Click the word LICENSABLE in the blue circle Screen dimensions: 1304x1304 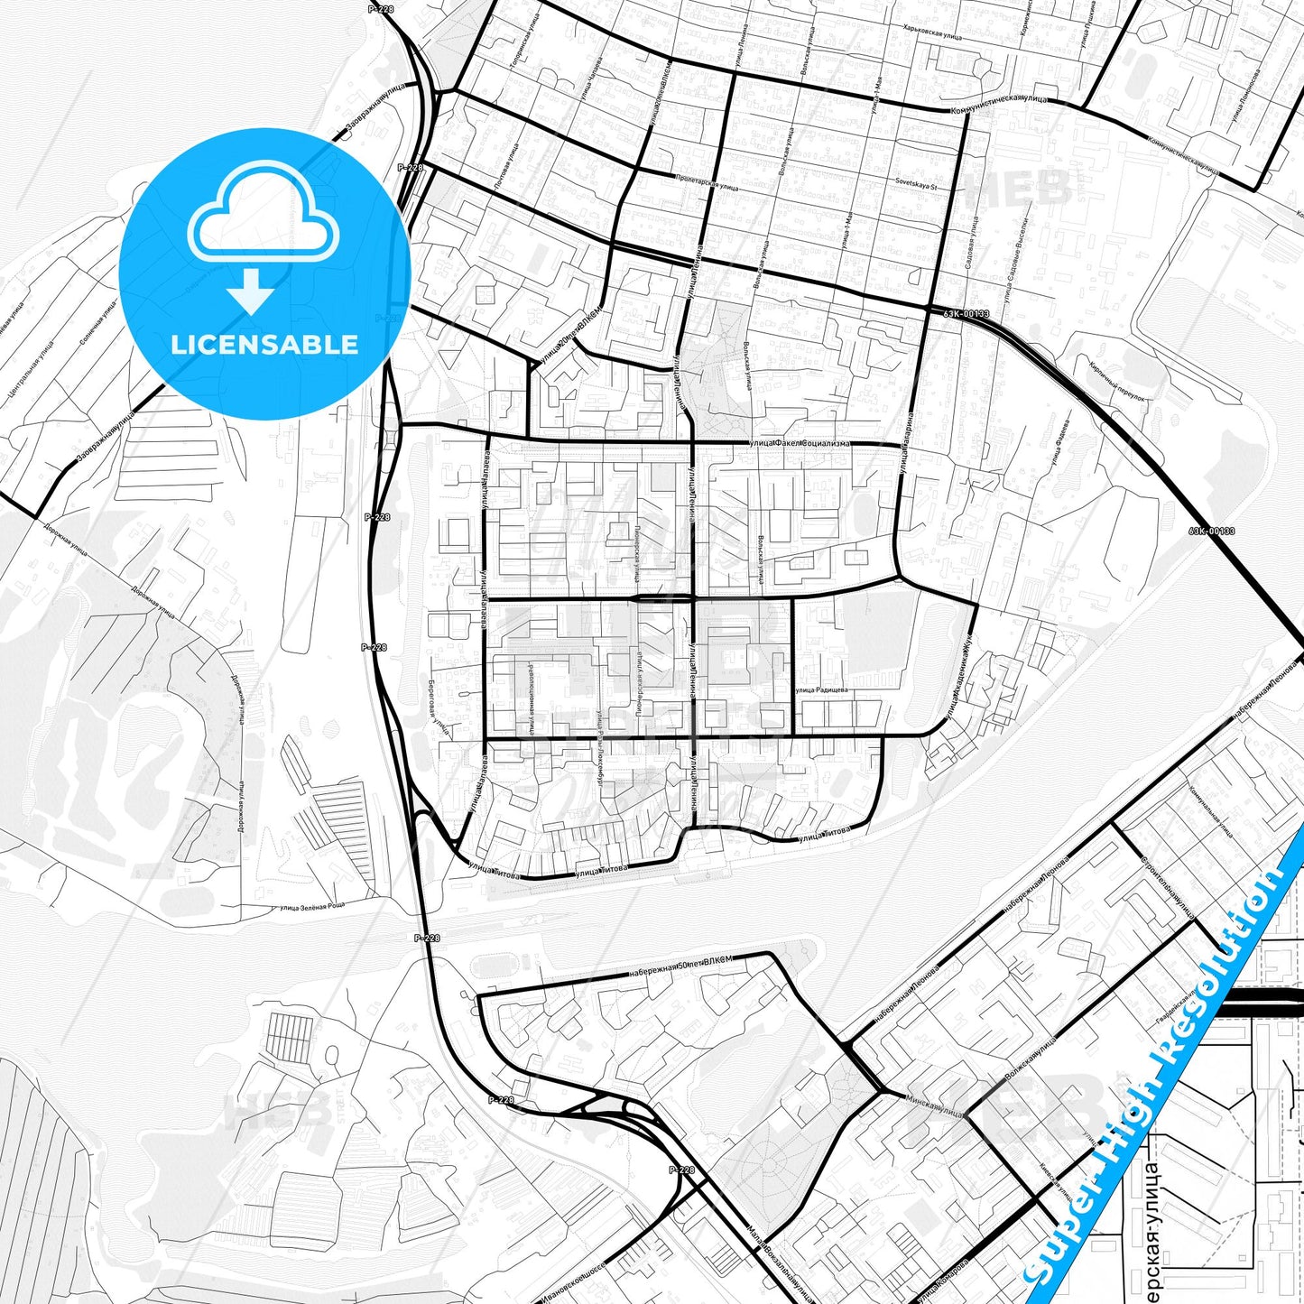264,345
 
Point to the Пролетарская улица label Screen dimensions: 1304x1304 707,181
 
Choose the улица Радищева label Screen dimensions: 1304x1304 820,690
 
